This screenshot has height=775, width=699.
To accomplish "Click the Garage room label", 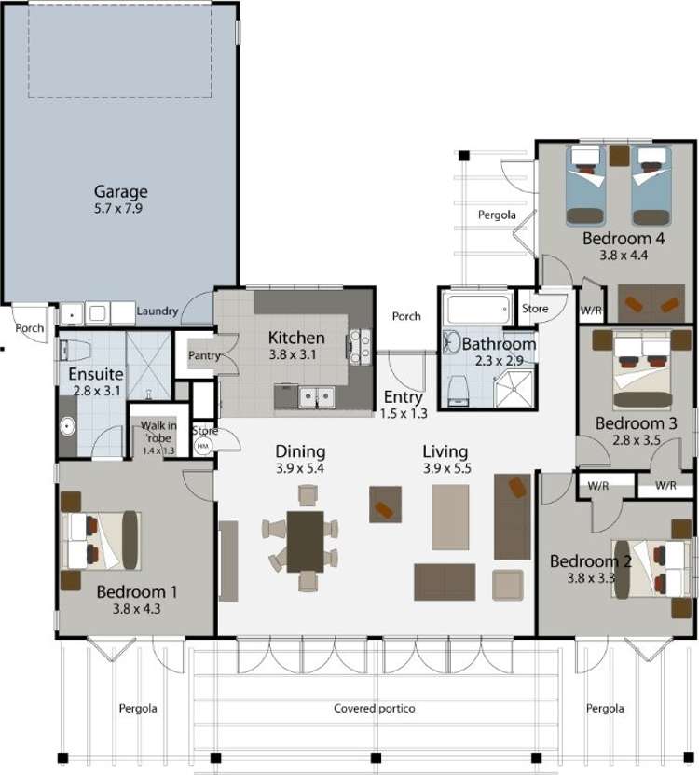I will pos(120,192).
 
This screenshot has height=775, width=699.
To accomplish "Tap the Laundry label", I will pos(157,311).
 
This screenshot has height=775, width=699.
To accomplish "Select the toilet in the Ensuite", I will pos(74,351).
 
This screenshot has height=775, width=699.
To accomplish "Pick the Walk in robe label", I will pos(157,432).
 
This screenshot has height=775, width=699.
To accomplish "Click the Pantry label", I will pos(203,355).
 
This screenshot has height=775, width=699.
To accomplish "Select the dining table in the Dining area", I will pos(305,541).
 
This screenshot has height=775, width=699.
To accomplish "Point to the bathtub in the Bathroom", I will pos(477,308).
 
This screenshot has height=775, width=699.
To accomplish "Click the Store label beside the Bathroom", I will pos(535,309).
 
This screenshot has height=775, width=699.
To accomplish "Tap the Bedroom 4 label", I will pos(623,239).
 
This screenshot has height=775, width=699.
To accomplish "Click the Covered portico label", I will pos(374,709).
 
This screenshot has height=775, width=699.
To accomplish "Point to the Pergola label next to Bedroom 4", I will pos(497,215).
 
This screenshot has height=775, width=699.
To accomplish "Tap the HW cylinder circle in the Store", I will pos(203,447).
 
